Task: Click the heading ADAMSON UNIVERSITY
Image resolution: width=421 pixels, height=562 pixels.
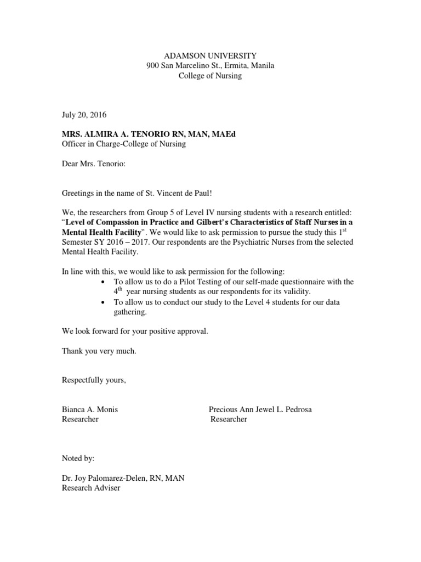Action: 210,55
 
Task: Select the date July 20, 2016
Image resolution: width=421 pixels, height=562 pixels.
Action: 84,115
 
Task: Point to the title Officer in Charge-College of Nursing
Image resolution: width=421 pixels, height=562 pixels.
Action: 123,144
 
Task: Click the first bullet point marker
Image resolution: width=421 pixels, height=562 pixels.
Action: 104,282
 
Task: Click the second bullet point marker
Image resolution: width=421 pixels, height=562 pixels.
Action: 104,302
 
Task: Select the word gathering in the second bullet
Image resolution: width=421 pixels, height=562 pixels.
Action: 130,312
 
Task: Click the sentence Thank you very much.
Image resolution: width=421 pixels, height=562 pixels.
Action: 99,351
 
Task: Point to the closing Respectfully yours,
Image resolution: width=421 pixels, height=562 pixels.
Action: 94,380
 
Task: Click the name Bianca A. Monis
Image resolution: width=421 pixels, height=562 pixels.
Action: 89,409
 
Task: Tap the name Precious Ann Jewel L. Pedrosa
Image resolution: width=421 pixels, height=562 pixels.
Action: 260,409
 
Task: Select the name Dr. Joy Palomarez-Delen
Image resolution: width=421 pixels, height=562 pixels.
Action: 104,478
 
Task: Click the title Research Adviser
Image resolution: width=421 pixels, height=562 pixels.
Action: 91,488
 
